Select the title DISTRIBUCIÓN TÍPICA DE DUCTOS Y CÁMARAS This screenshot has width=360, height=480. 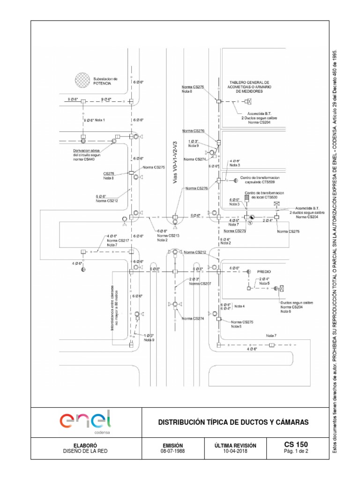coord(233,422)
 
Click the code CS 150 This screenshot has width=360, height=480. coord(296,444)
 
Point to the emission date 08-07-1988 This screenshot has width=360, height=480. coord(172,451)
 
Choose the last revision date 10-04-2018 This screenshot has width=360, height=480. coord(233,451)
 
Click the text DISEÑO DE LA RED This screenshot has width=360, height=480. coord(86,451)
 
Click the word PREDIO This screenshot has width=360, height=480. coord(265,271)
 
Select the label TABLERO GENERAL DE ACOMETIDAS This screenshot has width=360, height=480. coord(249,86)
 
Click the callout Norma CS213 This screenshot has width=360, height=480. coord(162,235)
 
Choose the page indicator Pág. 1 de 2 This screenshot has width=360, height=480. coord(296,451)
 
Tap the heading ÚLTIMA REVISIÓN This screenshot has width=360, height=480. coord(233,445)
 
